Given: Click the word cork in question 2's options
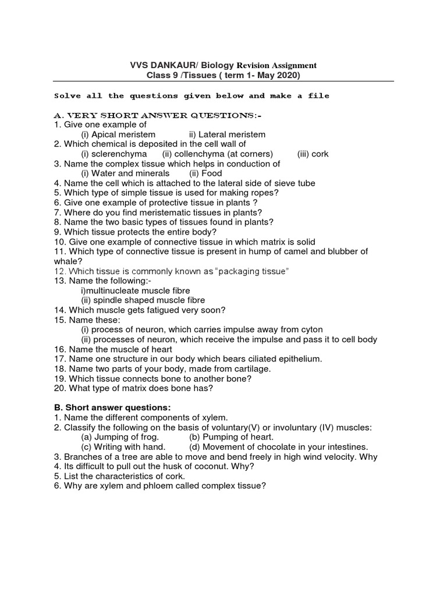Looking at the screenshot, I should (x=320, y=154).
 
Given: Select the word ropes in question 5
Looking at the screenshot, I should (x=264, y=193).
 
